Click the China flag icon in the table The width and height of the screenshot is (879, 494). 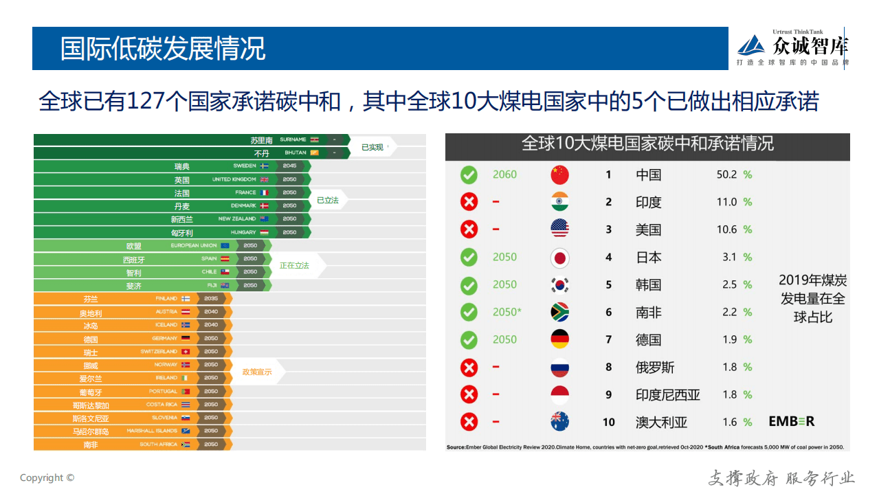pos(559,175)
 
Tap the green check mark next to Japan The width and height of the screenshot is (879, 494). pos(469,257)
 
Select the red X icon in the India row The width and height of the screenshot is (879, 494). pos(469,202)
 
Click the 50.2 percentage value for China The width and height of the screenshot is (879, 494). pos(726,175)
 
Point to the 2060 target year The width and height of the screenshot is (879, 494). pos(504,175)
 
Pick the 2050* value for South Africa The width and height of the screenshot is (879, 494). pos(507,312)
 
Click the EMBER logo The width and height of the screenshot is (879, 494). pos(791,422)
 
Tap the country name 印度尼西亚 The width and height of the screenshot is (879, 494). pos(667,394)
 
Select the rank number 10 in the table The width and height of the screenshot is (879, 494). pos(608,422)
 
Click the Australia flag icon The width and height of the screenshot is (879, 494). pos(559,422)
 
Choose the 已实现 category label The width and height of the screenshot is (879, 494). pos(372,147)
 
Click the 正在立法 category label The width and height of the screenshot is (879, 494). pos(294,265)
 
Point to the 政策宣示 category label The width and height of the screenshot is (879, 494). pos(256,372)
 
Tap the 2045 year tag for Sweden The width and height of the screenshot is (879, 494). pos(289,166)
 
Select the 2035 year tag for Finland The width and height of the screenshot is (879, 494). pos(211,299)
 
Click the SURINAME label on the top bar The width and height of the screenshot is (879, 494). pos(293,139)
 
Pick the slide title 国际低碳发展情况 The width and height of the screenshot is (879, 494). pos(162,49)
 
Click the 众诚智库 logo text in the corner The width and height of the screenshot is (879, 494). pos(810,46)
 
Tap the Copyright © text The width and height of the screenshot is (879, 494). pos(47,478)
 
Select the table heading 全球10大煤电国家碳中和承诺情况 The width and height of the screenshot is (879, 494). pos(647,144)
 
